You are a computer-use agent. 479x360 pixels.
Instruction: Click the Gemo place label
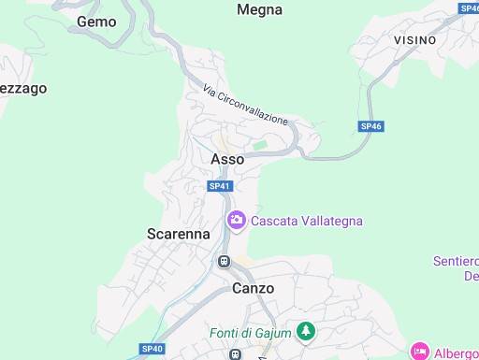[96, 21]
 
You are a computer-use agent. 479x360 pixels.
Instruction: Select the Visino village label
[414, 40]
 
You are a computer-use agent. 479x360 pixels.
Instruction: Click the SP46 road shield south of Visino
[371, 125]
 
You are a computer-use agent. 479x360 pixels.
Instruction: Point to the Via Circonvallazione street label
[246, 103]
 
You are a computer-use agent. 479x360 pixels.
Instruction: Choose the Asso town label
[227, 159]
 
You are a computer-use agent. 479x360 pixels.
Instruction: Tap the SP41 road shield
[219, 186]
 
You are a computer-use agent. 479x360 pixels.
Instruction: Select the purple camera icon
[236, 221]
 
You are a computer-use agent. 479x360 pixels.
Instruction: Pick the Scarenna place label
[179, 234]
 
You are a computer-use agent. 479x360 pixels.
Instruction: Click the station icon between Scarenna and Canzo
[224, 261]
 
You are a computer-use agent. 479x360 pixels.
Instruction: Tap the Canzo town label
[253, 288]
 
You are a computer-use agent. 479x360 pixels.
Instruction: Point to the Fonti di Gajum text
[248, 331]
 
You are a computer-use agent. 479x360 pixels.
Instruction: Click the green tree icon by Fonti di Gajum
[305, 331]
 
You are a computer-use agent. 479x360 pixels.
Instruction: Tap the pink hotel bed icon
[419, 353]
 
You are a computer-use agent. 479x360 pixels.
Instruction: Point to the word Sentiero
[457, 260]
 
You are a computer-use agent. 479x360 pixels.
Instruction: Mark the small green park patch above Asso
[261, 145]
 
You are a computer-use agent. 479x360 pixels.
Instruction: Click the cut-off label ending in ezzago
[22, 88]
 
